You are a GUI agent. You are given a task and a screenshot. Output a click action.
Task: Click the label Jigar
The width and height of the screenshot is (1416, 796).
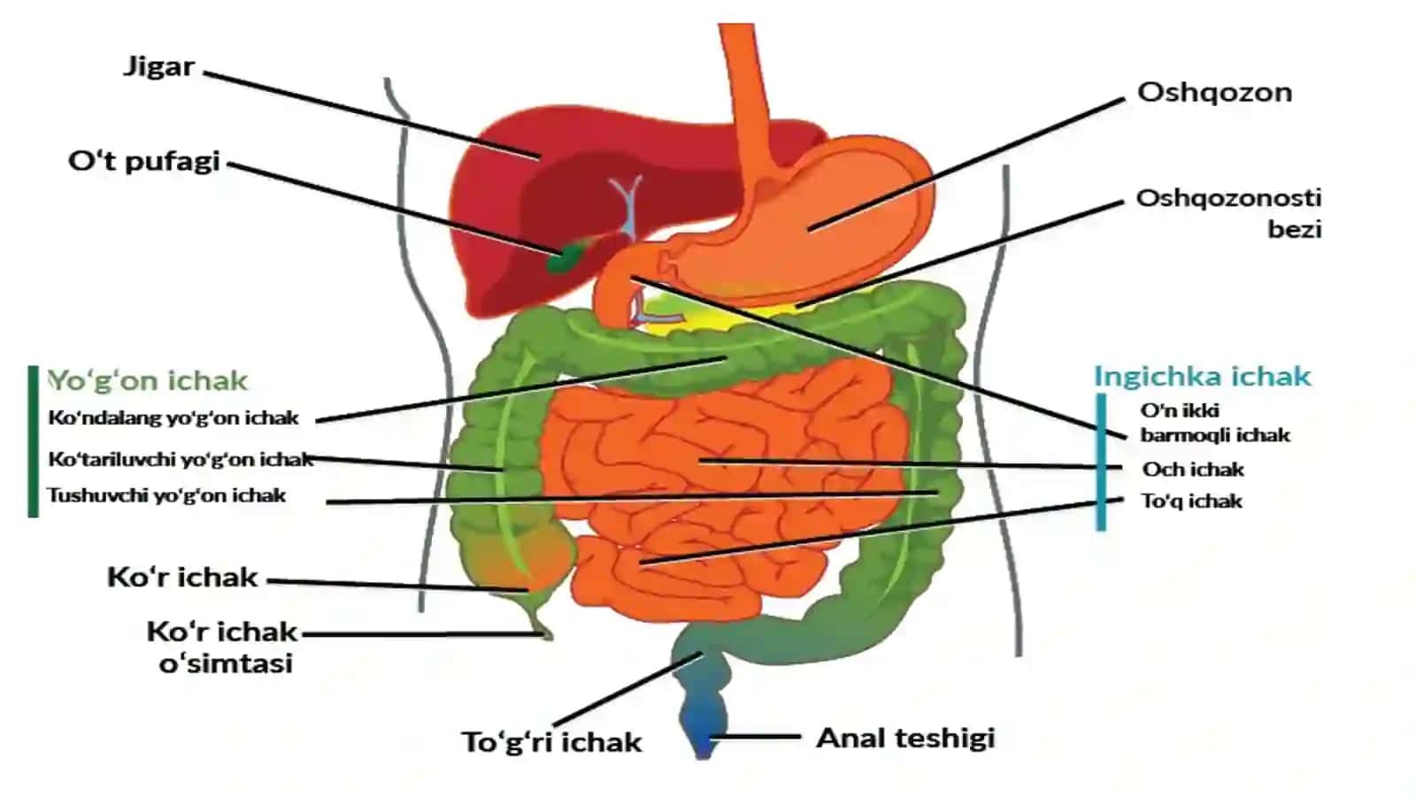pyautogui.click(x=159, y=67)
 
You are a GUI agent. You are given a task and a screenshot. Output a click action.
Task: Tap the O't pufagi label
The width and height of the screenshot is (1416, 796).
pyautogui.click(x=144, y=162)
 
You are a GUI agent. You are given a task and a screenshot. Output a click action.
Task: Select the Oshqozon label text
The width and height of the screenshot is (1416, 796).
pyautogui.click(x=1214, y=93)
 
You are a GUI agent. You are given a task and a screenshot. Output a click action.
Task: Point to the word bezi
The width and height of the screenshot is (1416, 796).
pyautogui.click(x=1295, y=229)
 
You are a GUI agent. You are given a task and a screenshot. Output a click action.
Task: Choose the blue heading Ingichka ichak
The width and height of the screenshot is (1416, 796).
pyautogui.click(x=1203, y=377)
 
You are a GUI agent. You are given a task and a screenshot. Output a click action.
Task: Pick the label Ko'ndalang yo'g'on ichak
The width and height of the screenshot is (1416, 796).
pyautogui.click(x=173, y=417)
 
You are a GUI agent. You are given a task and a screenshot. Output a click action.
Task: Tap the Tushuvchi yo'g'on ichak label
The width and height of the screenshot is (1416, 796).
pyautogui.click(x=167, y=495)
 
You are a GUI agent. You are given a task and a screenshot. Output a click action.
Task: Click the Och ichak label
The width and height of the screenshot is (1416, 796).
pyautogui.click(x=1193, y=470)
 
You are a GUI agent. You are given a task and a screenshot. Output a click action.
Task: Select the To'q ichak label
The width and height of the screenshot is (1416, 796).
pyautogui.click(x=1191, y=501)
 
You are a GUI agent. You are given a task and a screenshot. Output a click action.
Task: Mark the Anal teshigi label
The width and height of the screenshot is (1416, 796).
pyautogui.click(x=906, y=738)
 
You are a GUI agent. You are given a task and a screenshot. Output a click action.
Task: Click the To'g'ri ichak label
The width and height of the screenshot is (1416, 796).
pyautogui.click(x=551, y=742)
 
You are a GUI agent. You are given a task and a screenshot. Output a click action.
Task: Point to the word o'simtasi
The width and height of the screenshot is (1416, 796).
pyautogui.click(x=226, y=664)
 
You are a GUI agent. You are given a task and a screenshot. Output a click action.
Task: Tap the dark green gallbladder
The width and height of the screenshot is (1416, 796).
pyautogui.click(x=565, y=256)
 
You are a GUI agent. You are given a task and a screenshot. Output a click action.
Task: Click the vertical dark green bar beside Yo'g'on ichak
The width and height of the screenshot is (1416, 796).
pyautogui.click(x=34, y=441)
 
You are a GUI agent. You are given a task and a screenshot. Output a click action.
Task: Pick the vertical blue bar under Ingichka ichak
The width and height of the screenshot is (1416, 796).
pyautogui.click(x=1101, y=462)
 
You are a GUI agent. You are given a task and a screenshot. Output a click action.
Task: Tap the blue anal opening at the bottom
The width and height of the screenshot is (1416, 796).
pyautogui.click(x=703, y=746)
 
